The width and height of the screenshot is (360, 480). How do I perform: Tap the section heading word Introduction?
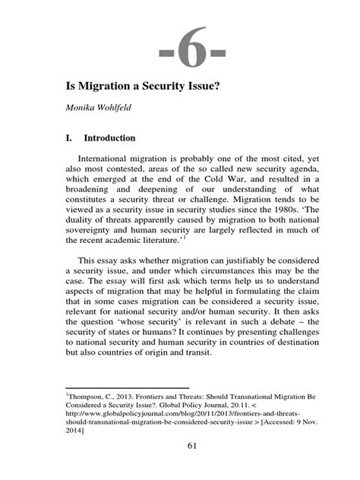109,139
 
